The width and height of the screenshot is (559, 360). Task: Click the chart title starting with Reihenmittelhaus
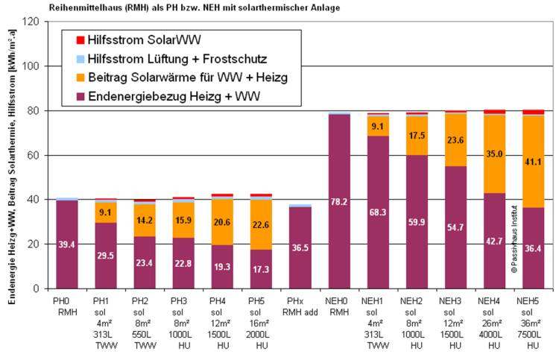tap(191, 8)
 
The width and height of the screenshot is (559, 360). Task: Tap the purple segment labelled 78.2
tap(339, 201)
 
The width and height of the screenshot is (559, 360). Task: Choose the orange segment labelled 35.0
tap(494, 154)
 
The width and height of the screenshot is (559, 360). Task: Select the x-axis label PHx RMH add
tap(300, 306)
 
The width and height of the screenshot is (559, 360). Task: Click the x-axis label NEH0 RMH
tap(339, 306)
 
